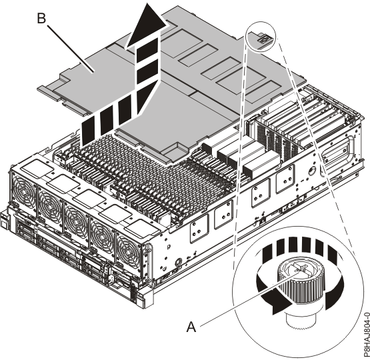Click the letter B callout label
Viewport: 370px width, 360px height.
point(41,18)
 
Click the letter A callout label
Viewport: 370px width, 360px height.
point(191,327)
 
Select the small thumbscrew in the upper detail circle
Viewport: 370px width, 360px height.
point(263,38)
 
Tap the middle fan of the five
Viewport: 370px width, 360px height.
point(76,221)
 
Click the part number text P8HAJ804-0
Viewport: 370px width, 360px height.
point(366,335)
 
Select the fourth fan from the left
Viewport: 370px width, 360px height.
point(102,237)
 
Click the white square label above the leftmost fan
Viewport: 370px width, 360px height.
point(37,169)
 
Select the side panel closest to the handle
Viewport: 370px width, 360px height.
point(285,179)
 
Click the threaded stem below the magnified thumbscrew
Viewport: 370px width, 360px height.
point(301,320)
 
